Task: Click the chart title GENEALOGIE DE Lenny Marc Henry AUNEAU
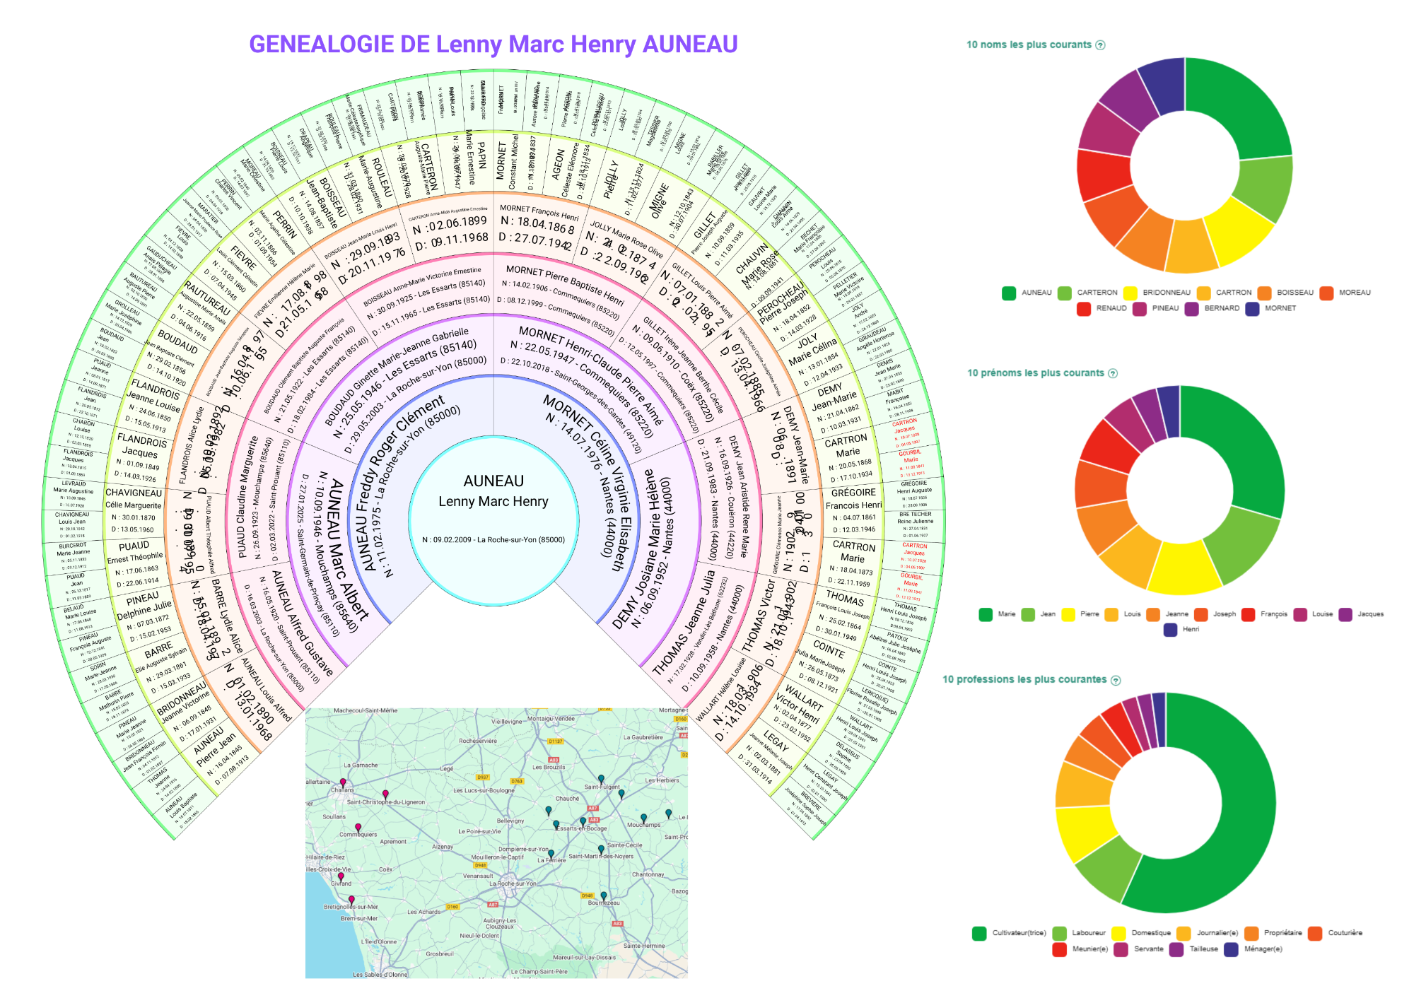click(493, 45)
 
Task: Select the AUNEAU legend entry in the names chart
click(1028, 293)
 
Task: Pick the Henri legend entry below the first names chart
click(1182, 630)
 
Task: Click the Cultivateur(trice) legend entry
click(1010, 933)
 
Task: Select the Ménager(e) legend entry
click(1254, 949)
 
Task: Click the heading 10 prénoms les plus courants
click(1035, 373)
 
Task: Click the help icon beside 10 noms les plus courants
click(1100, 45)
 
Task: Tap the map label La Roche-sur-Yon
click(513, 883)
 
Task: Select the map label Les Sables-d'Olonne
click(380, 975)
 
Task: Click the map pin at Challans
click(343, 783)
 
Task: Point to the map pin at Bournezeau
click(604, 896)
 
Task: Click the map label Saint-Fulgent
click(602, 787)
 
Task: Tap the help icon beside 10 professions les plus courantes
click(1116, 681)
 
